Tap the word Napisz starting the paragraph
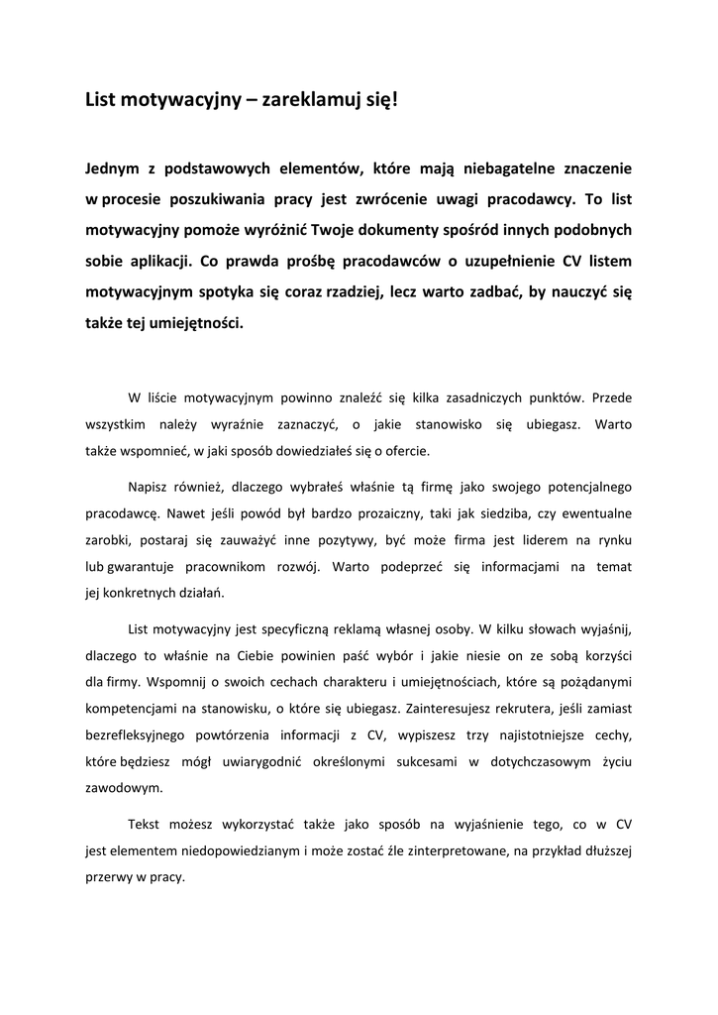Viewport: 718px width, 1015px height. pyautogui.click(x=150, y=488)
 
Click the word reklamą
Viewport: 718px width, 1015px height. pyautogui.click(x=364, y=628)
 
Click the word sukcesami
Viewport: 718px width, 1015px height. pyautogui.click(x=415, y=762)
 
